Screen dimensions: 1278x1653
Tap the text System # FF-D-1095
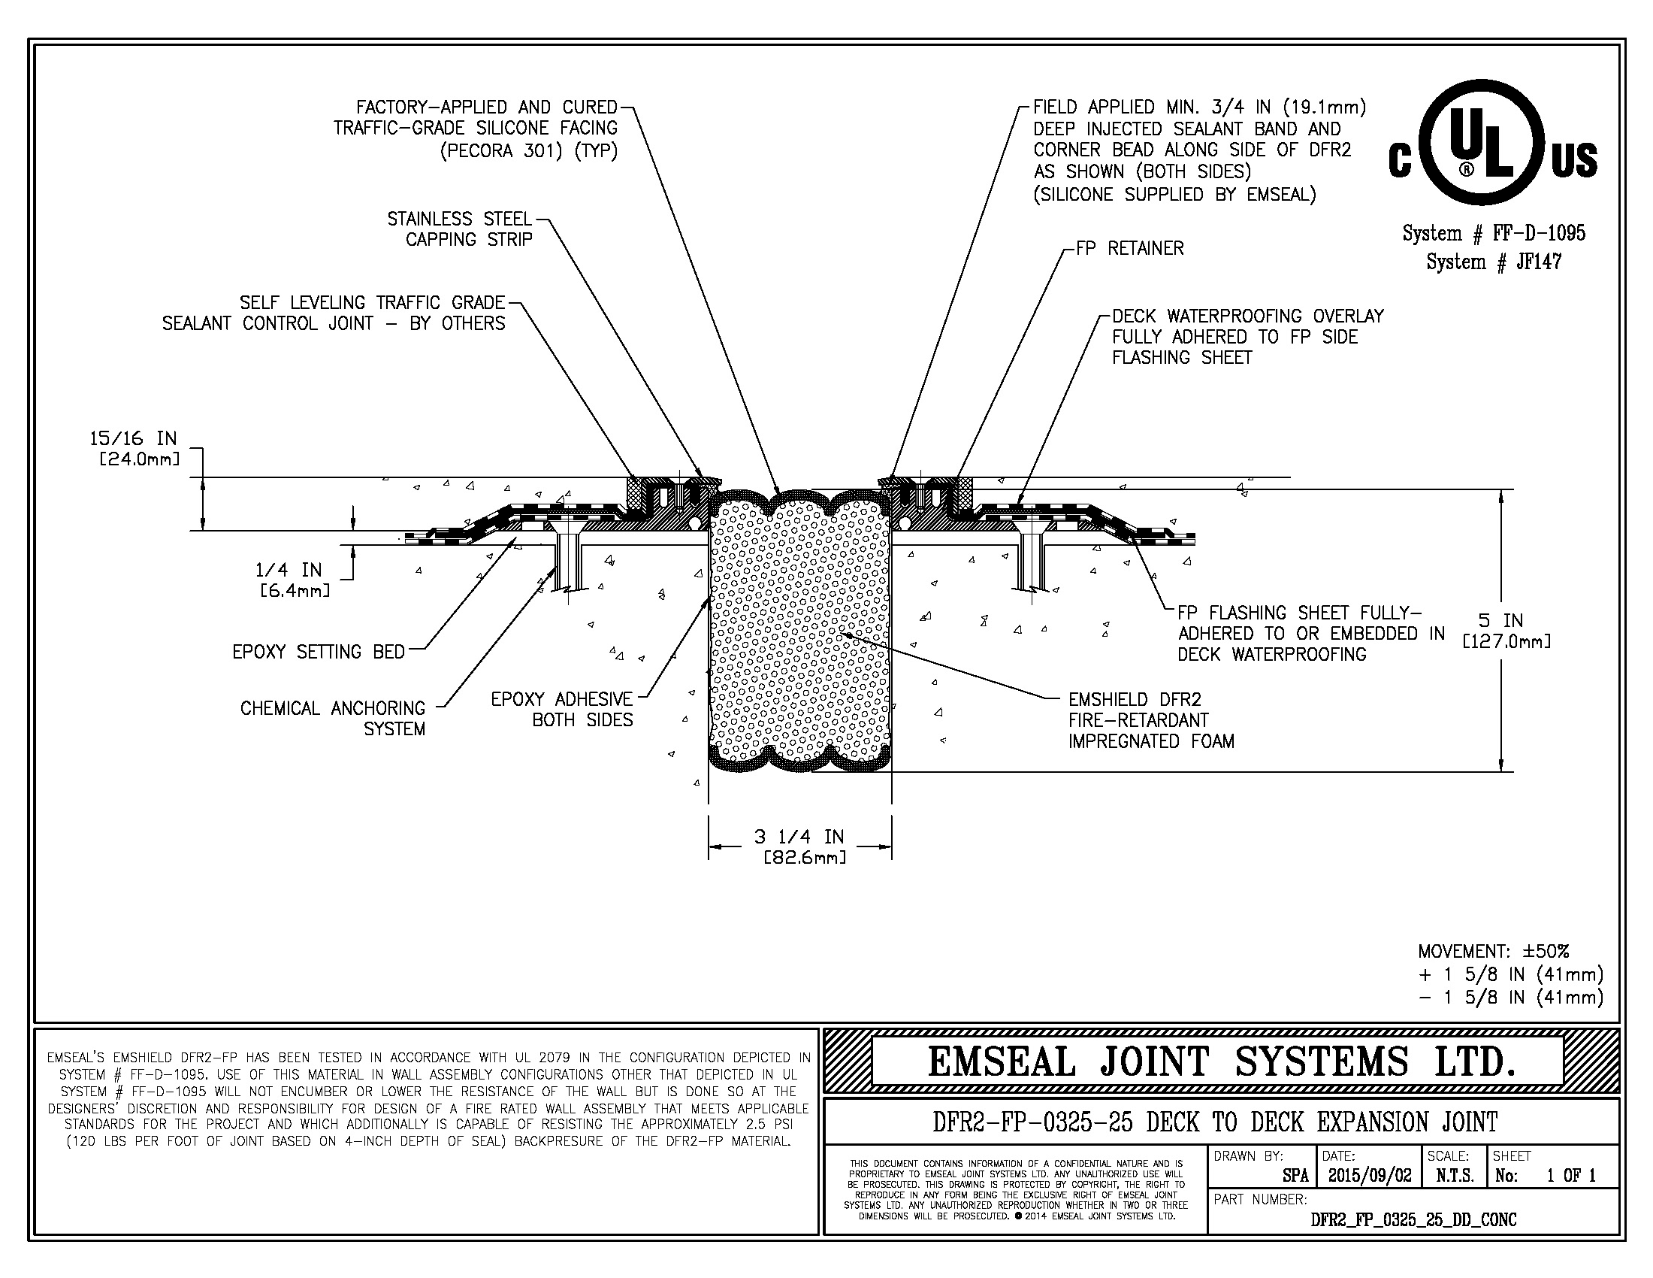[x=1493, y=233]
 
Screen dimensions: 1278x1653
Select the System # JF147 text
[x=1493, y=262]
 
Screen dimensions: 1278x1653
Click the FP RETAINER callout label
[x=1130, y=248]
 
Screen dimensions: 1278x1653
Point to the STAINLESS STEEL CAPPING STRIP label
[x=460, y=229]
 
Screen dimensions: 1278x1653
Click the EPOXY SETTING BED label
[x=319, y=652]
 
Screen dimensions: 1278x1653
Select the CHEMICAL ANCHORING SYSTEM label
[x=333, y=719]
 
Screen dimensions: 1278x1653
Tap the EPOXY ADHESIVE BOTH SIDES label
[x=561, y=710]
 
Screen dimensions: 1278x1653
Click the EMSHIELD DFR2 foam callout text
[x=1150, y=720]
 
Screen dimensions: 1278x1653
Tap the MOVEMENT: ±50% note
[x=1493, y=951]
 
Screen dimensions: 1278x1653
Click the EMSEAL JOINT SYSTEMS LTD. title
[x=1222, y=1061]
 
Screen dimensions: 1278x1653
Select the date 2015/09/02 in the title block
[x=1370, y=1176]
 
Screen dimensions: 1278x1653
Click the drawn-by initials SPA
[x=1295, y=1176]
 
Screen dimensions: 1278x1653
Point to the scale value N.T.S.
[x=1453, y=1176]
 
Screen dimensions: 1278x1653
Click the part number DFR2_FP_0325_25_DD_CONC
[x=1413, y=1219]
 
